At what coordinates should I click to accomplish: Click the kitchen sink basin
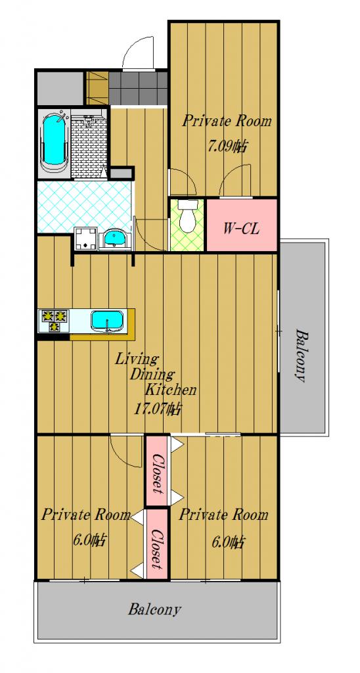pos(107,321)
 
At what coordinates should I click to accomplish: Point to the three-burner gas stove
pos(54,321)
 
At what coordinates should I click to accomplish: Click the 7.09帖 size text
pos(227,147)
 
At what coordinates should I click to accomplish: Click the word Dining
pos(152,375)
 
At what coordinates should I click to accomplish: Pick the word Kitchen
pos(170,390)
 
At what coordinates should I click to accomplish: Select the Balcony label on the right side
pos(302,355)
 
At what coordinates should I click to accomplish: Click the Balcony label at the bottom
pos(154,609)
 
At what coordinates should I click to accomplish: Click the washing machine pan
pos(86,238)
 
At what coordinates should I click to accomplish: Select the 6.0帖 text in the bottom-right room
pos(228,542)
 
